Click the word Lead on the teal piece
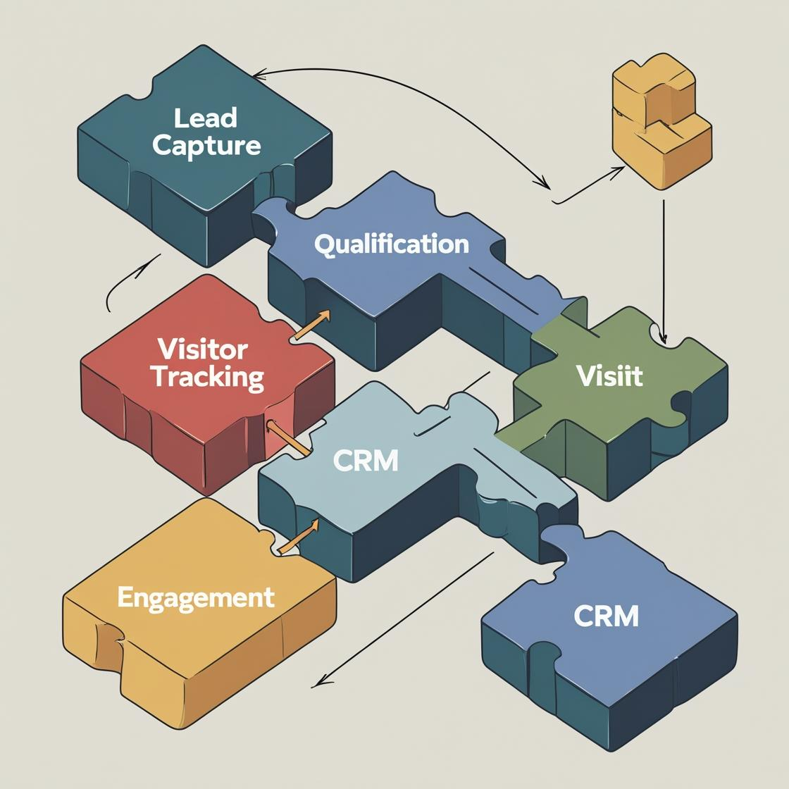[x=205, y=118]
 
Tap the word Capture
[x=206, y=146]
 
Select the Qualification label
[x=392, y=244]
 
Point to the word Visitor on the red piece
[x=202, y=349]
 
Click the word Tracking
[x=207, y=377]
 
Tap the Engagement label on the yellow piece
[x=195, y=597]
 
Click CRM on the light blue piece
[x=366, y=461]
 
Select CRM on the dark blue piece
[x=606, y=616]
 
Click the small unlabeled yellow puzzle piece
[x=661, y=121]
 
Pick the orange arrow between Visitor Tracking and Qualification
[x=311, y=326]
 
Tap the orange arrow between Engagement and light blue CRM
[x=299, y=536]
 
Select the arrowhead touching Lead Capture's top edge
[x=258, y=73]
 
